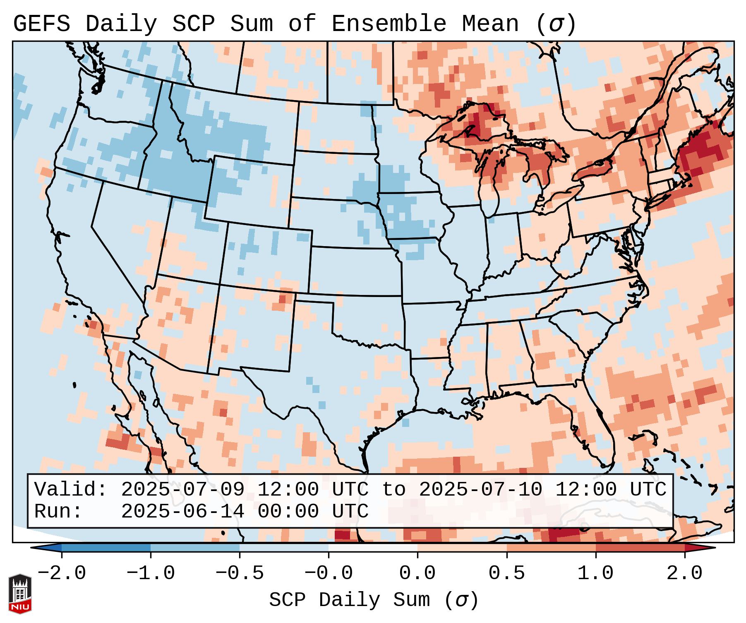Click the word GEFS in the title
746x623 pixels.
pos(41,24)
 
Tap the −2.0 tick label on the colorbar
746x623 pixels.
pos(62,573)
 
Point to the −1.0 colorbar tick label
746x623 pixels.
pos(151,573)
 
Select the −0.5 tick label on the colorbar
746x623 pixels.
pos(240,573)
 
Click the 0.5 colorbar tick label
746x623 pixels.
pos(506,573)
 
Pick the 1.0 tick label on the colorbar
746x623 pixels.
pos(595,573)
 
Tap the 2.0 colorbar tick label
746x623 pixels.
pos(684,573)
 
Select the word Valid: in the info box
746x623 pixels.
pos(71,490)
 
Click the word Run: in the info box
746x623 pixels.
pos(58,512)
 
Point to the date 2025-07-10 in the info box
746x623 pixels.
pos(480,490)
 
